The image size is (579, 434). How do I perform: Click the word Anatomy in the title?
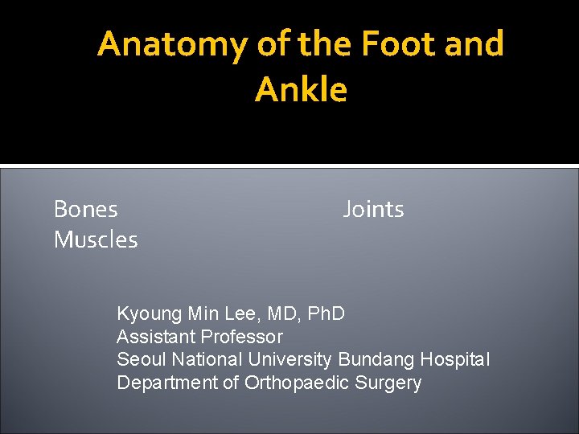click(171, 45)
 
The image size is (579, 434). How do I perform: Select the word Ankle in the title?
click(302, 90)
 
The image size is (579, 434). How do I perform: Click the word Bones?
click(85, 210)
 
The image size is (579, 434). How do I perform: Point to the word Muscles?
click(96, 240)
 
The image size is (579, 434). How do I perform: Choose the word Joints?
click(373, 210)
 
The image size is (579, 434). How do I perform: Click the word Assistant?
click(155, 337)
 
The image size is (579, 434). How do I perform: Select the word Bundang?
click(374, 360)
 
